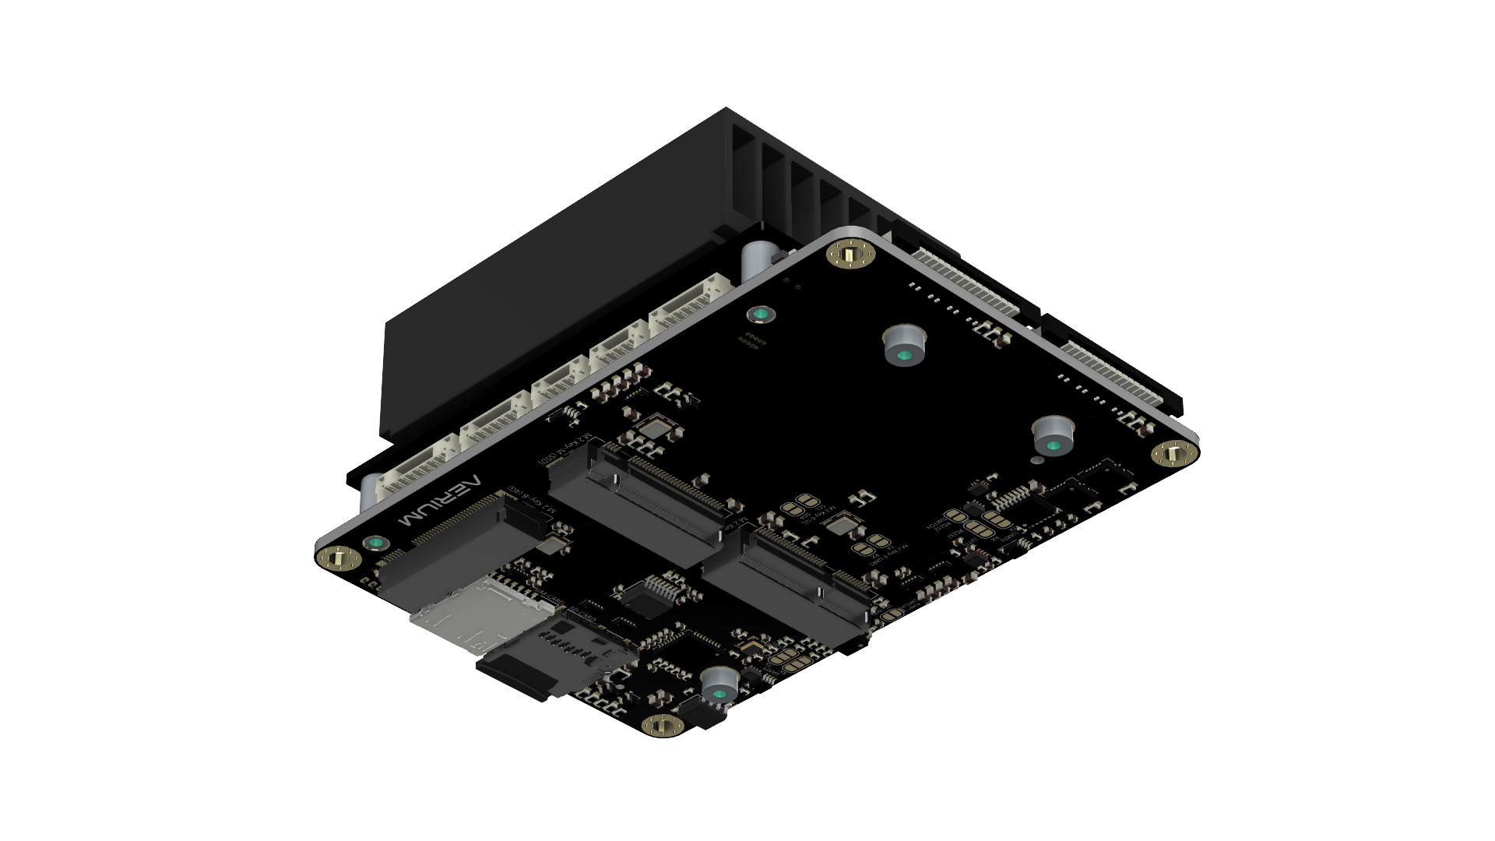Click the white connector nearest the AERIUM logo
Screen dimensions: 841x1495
click(417, 473)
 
